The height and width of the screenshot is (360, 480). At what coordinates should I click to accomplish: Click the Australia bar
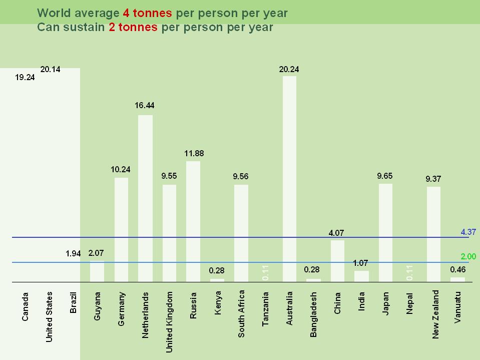click(289, 179)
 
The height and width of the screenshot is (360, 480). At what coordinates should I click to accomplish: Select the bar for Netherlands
click(145, 198)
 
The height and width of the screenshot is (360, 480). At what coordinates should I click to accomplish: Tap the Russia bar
click(193, 221)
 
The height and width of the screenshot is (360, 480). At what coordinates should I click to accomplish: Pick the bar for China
click(337, 261)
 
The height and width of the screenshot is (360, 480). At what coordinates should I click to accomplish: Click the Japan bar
click(385, 233)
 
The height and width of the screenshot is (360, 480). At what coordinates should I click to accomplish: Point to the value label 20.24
click(289, 70)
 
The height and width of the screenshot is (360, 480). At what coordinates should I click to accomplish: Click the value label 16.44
click(145, 105)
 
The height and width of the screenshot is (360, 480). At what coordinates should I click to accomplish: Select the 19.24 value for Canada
click(25, 78)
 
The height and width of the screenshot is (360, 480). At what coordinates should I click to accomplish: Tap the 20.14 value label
click(50, 70)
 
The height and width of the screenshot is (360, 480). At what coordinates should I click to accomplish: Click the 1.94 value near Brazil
click(73, 254)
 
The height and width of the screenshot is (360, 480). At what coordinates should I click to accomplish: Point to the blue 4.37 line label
click(468, 232)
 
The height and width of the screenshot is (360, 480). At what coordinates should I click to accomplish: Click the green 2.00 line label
click(468, 256)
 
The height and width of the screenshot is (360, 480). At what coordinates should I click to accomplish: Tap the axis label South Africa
click(241, 313)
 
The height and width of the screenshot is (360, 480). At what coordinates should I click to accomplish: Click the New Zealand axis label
click(435, 314)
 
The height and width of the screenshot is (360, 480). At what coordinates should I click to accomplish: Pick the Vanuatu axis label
click(457, 307)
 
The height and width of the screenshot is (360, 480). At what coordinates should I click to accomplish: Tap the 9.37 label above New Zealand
click(433, 179)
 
